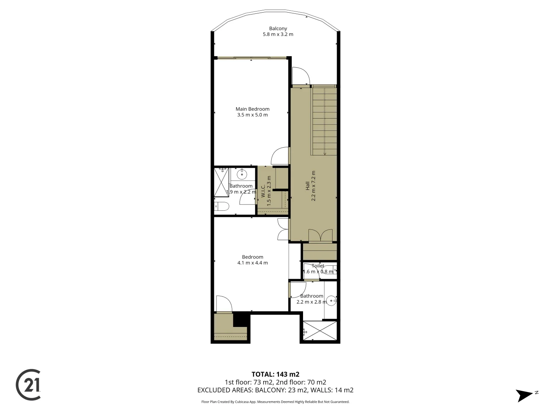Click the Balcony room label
pos(278,28)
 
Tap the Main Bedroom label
pos(252,109)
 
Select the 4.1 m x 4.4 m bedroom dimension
pos(252,263)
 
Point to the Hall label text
pos(307,186)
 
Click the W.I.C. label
pos(263,191)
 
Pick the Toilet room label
pos(318,266)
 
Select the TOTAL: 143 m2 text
pos(275,374)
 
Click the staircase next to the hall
pos(324,120)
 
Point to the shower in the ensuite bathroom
pos(222,182)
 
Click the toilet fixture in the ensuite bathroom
pos(222,207)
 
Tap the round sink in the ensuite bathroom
pos(242,174)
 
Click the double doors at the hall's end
pos(320,236)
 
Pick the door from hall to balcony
pos(300,77)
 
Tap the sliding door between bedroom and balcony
pos(251,58)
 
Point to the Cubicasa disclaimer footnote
pos(275,402)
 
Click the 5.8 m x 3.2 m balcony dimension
pos(278,34)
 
